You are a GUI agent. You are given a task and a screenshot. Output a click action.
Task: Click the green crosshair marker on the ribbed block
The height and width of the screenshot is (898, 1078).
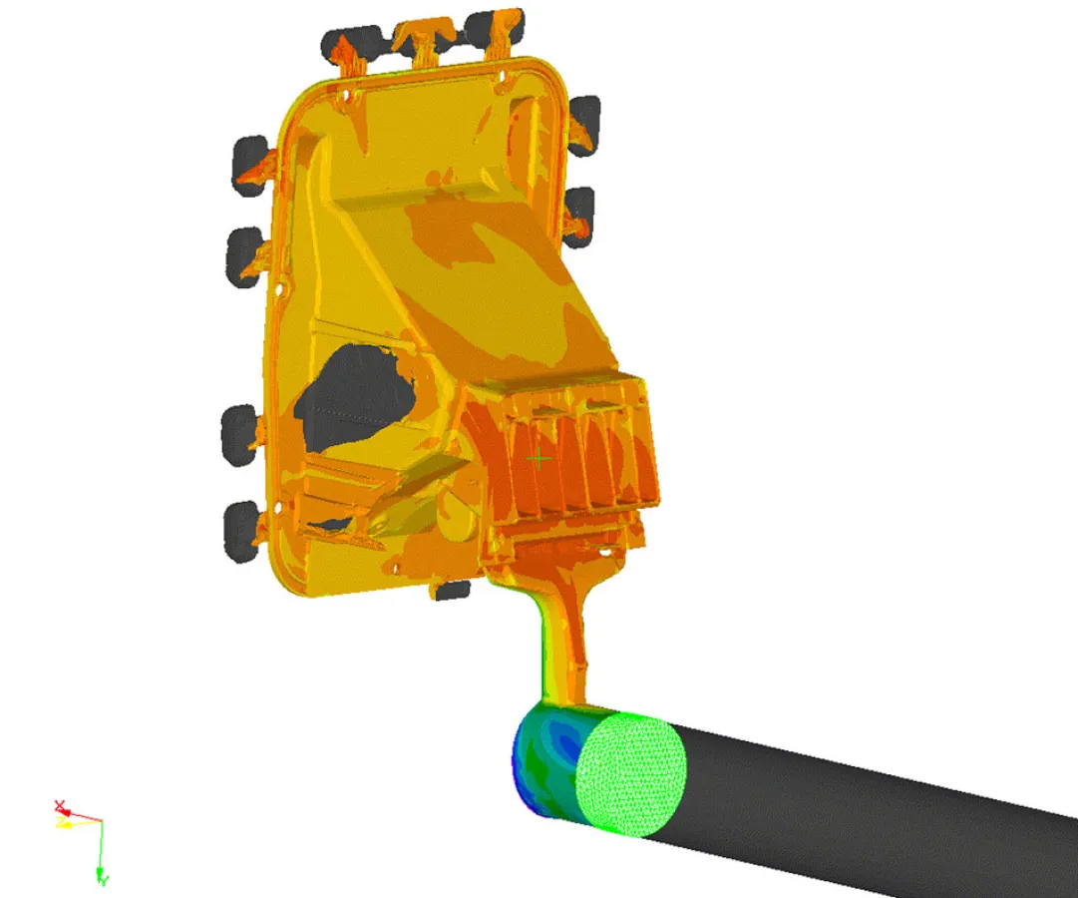pyautogui.click(x=539, y=459)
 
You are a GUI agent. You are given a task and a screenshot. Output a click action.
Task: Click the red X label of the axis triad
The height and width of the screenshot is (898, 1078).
pyautogui.click(x=60, y=805)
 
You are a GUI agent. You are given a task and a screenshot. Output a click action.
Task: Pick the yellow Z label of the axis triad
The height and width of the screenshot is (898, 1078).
pyautogui.click(x=62, y=824)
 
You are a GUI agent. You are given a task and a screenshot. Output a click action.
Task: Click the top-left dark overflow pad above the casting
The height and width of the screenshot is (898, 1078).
pyautogui.click(x=345, y=42)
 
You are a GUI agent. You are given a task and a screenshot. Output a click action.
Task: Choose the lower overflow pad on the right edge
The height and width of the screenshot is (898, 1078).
pyautogui.click(x=577, y=215)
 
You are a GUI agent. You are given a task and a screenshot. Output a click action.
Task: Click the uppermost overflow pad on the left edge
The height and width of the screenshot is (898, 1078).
pyautogui.click(x=249, y=165)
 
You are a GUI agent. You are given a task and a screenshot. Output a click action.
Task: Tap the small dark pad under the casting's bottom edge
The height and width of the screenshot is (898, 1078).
pyautogui.click(x=452, y=590)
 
